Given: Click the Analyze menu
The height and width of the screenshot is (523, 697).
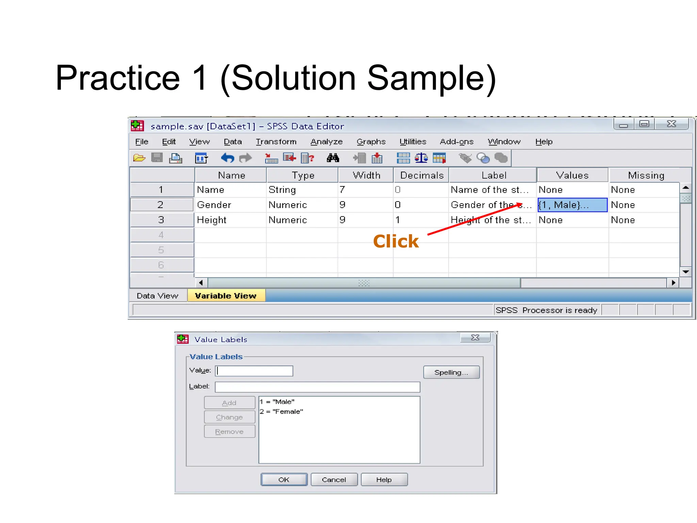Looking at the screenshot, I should pyautogui.click(x=326, y=142).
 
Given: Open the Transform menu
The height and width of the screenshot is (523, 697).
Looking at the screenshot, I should pyautogui.click(x=276, y=142).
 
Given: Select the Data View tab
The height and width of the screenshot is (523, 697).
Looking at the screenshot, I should pyautogui.click(x=158, y=296).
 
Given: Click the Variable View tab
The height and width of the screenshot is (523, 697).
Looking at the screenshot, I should pyautogui.click(x=226, y=296).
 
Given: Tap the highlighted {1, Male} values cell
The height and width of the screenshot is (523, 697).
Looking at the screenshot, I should pyautogui.click(x=572, y=205).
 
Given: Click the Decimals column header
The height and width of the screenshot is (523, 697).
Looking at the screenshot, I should pyautogui.click(x=422, y=175).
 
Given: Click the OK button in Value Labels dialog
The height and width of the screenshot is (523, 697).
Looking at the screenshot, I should pyautogui.click(x=284, y=479).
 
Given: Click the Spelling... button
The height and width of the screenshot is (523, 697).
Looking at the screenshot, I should pyautogui.click(x=451, y=372).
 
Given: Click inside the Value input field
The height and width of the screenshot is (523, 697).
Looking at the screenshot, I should pyautogui.click(x=254, y=371).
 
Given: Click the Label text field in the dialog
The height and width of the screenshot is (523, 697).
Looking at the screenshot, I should pyautogui.click(x=317, y=387).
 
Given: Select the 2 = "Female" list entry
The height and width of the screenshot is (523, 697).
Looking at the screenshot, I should pyautogui.click(x=281, y=411).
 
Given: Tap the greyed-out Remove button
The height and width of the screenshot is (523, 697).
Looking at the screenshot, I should pyautogui.click(x=229, y=431).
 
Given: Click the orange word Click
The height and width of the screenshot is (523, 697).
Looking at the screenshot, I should pyautogui.click(x=396, y=241).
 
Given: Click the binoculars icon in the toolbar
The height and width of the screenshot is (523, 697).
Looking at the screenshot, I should pyautogui.click(x=333, y=158).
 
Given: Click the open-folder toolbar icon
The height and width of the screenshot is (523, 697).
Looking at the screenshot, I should pyautogui.click(x=139, y=158).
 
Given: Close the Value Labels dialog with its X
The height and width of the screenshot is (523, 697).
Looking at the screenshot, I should pyautogui.click(x=475, y=337).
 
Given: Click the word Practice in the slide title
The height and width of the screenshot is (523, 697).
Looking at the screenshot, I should pyautogui.click(x=118, y=78).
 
